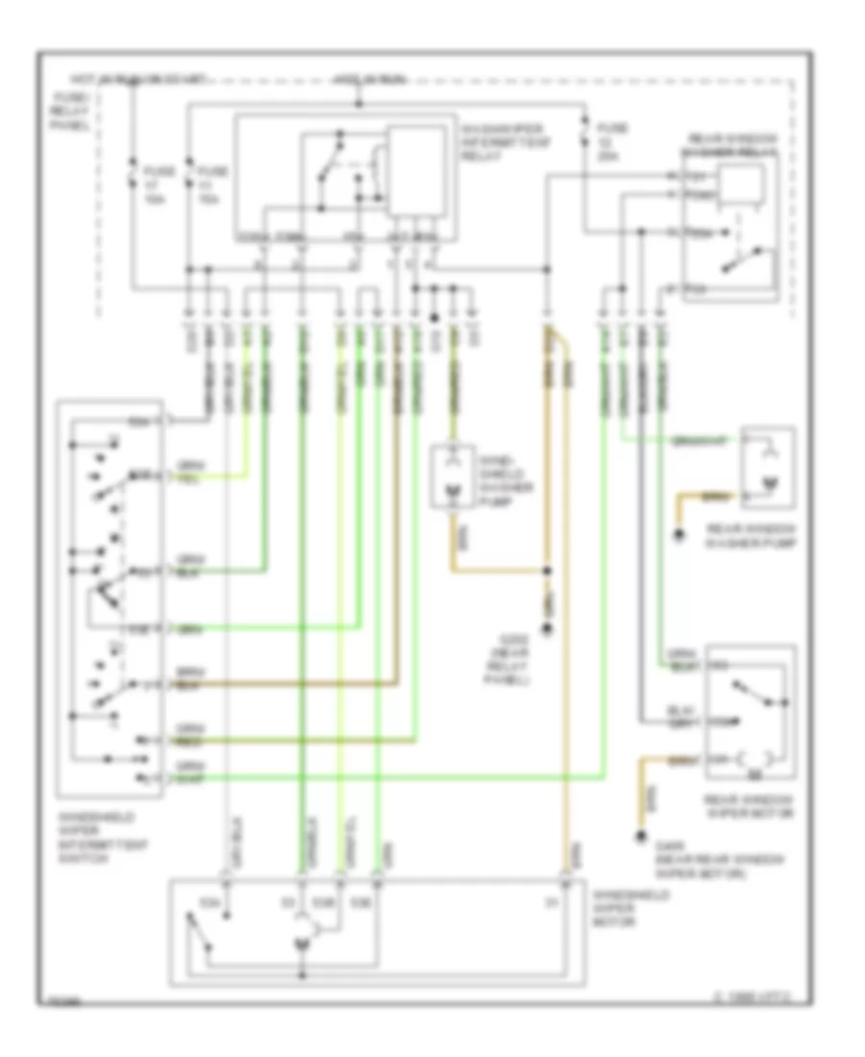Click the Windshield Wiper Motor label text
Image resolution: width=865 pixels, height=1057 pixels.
(x=620, y=909)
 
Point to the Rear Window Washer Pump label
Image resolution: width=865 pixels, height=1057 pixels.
(x=740, y=534)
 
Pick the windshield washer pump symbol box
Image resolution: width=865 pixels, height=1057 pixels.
(x=451, y=477)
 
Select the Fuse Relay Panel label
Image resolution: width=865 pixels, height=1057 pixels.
(x=73, y=113)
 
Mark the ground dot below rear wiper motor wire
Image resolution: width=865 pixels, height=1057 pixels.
(x=638, y=834)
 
